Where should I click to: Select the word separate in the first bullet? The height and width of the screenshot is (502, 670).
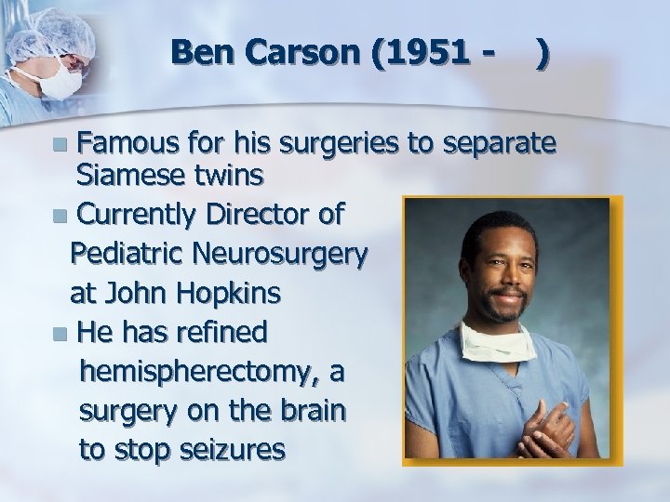point(502,146)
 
